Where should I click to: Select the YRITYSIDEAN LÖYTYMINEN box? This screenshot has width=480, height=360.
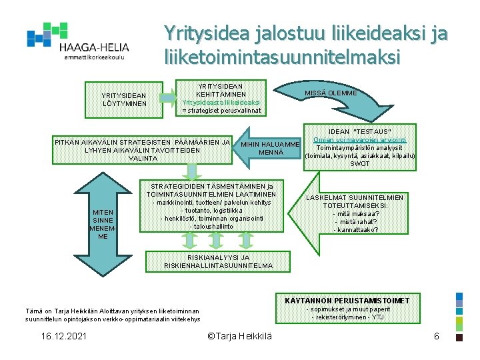coord(125,99)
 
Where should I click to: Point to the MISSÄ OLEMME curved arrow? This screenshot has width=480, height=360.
coord(331,93)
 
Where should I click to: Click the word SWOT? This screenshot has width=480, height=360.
coord(360,163)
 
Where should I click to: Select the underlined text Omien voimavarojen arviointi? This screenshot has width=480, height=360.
coord(360,140)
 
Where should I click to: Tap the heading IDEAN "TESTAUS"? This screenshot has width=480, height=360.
coord(360,131)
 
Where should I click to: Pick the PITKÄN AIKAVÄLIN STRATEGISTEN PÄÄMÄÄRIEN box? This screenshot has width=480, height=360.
coord(143,150)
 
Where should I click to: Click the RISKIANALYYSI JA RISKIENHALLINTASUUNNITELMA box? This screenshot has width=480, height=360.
coord(219,261)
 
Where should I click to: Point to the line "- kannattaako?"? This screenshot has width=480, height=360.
coord(355,230)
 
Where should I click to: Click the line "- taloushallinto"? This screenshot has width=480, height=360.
coord(211,227)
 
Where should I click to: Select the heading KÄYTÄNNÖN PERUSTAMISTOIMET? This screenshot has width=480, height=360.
coord(361,301)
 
